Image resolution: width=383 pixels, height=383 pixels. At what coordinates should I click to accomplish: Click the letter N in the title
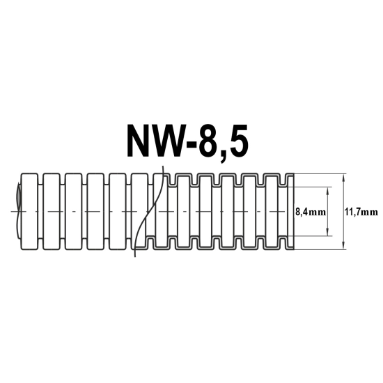[139, 141]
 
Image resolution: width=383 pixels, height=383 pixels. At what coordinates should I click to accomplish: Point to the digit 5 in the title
[237, 141]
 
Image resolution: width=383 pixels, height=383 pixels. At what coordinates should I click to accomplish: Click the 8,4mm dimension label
[311, 212]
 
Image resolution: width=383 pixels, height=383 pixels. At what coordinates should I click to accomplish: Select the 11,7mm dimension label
[361, 212]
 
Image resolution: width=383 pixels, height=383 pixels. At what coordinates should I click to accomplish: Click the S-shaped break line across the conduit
[149, 212]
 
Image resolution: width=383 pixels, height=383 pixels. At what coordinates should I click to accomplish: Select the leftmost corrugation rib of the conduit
[29, 212]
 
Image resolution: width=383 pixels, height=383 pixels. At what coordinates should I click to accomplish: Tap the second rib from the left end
[52, 212]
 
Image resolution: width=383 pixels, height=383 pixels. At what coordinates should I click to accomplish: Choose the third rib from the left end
[74, 212]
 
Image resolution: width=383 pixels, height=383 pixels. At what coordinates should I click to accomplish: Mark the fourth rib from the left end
[96, 212]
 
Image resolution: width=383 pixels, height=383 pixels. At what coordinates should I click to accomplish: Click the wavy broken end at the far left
[19, 212]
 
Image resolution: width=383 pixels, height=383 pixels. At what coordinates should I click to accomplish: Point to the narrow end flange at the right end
[290, 212]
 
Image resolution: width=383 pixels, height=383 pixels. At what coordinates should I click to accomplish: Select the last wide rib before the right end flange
[273, 212]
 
